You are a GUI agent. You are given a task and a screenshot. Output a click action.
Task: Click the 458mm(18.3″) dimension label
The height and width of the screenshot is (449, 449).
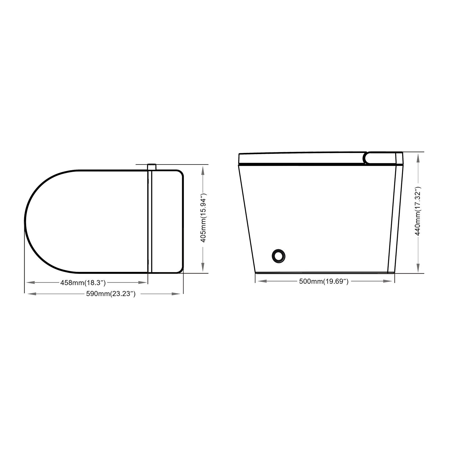pyautogui.click(x=83, y=283)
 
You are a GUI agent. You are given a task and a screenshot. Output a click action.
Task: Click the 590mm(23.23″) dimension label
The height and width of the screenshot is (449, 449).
pyautogui.click(x=111, y=294)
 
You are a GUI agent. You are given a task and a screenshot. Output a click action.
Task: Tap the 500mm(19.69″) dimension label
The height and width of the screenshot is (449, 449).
pyautogui.click(x=324, y=281)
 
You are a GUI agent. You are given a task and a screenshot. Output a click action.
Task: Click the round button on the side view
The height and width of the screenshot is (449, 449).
pyautogui.click(x=279, y=256)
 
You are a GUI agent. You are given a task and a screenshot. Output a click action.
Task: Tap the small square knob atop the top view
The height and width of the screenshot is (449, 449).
pyautogui.click(x=152, y=167)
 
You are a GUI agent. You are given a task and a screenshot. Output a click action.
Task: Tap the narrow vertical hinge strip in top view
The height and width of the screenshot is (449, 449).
pyautogui.click(x=150, y=222)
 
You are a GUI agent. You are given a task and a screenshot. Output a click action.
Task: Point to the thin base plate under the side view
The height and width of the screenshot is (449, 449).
pyautogui.click(x=323, y=272)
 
